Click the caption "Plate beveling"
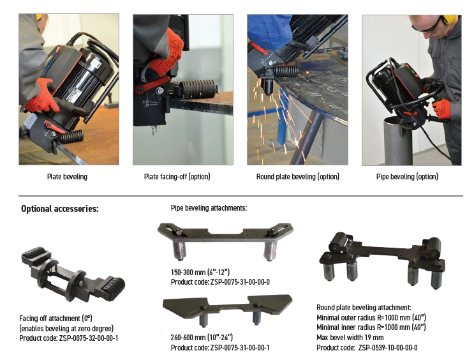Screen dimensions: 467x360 tap(67, 177)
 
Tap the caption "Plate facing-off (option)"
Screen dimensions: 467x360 tap(177, 177)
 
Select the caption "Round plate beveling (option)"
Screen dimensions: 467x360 tap(298, 177)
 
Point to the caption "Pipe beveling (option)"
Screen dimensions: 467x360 tap(407, 177)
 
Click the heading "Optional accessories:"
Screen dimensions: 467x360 tap(59, 209)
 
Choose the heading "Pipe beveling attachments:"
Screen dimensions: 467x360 tap(209, 208)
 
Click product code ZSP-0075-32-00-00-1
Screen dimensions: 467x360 tap(89, 338)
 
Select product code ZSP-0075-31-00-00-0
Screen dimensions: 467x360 tap(240, 282)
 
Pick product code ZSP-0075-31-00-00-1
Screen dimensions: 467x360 tap(240, 347)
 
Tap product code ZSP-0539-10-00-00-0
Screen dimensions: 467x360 tap(388, 348)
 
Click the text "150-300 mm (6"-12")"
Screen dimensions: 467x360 tap(200, 272)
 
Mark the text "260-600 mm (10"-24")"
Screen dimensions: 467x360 tap(202, 338)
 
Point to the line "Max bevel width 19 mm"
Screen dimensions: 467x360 tap(350, 338)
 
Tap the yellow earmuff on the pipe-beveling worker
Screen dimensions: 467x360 tap(448, 20)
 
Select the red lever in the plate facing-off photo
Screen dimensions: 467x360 tap(151, 85)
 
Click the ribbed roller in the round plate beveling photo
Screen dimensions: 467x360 tap(286, 71)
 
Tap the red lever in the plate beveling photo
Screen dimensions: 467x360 tap(54, 127)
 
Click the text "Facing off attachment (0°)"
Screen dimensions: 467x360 tap(56, 319)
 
